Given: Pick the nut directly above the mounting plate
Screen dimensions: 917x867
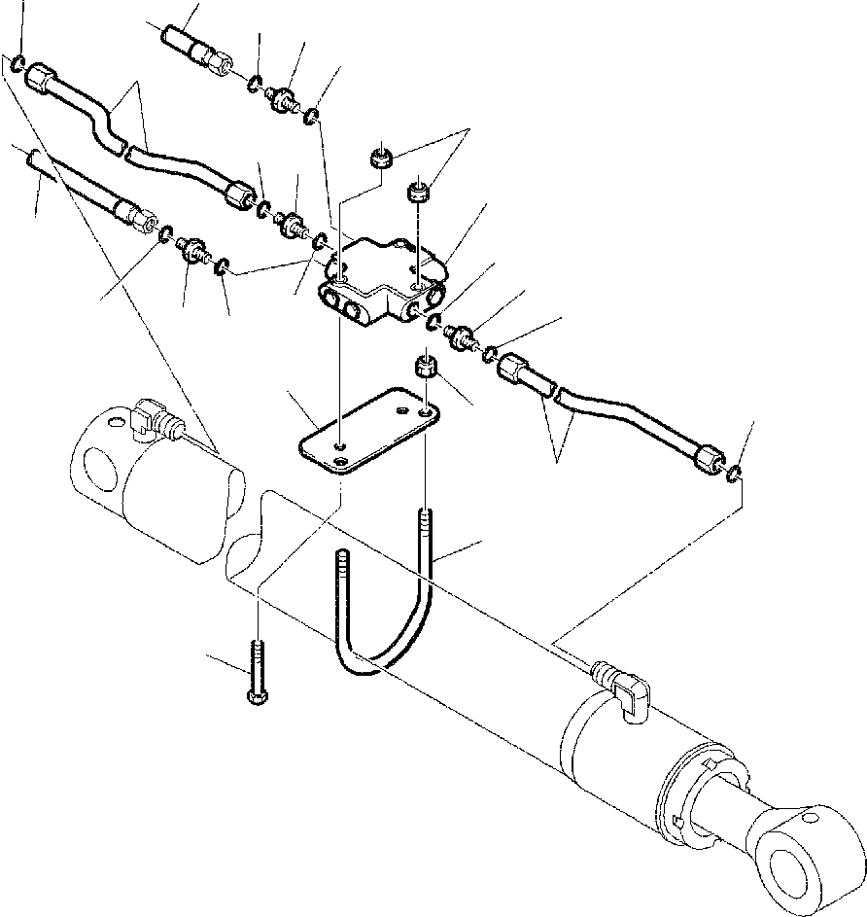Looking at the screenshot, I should coord(425,368).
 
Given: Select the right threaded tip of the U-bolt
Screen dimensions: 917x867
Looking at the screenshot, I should coord(425,520).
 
